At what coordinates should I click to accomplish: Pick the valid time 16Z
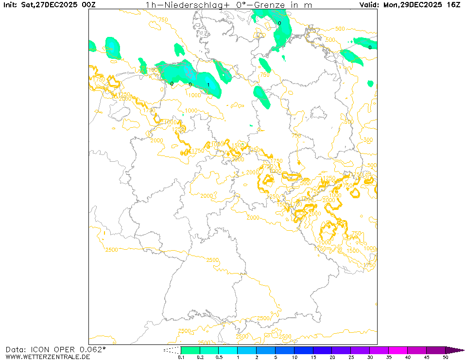[454, 5]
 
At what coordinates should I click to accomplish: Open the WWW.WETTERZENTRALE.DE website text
[48, 357]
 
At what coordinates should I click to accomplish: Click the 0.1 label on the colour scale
[181, 357]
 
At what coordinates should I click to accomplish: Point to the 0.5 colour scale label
[219, 357]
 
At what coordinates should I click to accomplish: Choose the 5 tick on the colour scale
[275, 357]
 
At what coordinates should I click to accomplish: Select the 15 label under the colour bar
[313, 357]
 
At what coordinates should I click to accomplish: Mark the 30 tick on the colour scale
[369, 357]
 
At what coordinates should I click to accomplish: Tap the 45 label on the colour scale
[426, 357]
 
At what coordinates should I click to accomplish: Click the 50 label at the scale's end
[445, 357]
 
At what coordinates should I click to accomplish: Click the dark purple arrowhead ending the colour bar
[455, 350]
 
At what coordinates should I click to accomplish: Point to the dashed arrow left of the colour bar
[172, 350]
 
